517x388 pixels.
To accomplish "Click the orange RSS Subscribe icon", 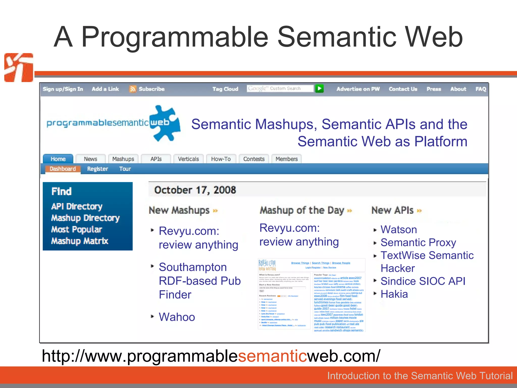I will pos(133,89).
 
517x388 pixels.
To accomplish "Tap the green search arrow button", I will pos(319,88).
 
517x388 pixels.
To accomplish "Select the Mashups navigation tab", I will pos(123,159).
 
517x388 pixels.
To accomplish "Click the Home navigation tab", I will pos(58,159).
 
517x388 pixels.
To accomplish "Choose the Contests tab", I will pos(254,159).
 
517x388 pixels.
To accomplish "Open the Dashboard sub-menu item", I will pos(63,169).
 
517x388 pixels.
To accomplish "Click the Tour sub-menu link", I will pos(125,169).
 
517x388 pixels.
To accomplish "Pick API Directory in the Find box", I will pos(77,206).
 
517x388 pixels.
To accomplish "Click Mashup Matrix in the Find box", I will pos(80,241).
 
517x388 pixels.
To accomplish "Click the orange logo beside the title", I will pos(19,67).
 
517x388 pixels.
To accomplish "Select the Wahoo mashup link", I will pos(177,317).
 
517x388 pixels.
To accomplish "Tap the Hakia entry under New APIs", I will pos(394,294).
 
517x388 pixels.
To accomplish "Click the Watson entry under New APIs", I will pos(399,229).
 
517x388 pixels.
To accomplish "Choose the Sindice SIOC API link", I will pos(423,281).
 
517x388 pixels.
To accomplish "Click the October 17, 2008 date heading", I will pos(195,190).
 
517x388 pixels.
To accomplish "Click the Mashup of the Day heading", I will pos(302,210).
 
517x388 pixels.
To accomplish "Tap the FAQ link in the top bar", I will pos(481,89).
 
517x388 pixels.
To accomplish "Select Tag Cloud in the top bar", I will pos(225,89).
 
